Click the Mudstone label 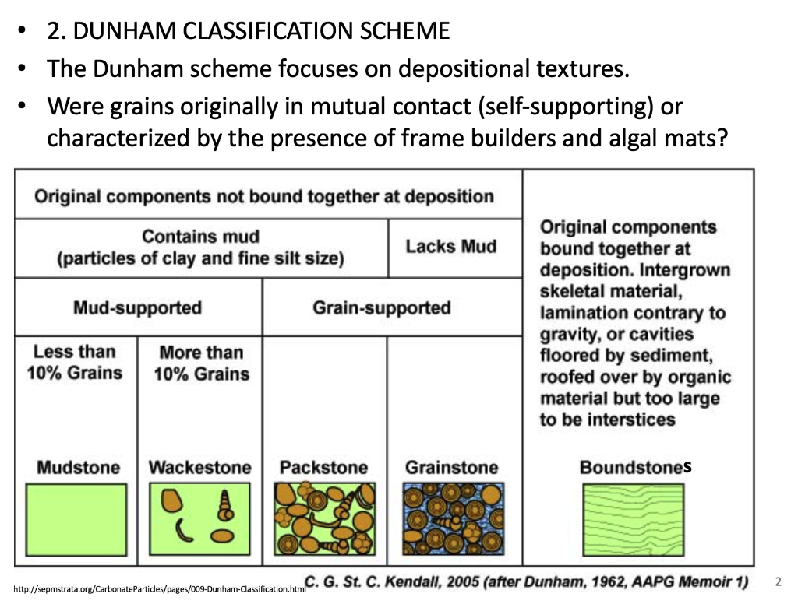pyautogui.click(x=78, y=468)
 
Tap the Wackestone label pyautogui.click(x=200, y=468)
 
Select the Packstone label pyautogui.click(x=323, y=468)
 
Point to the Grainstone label pyautogui.click(x=451, y=468)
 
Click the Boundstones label pyautogui.click(x=635, y=467)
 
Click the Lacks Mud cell pyautogui.click(x=450, y=247)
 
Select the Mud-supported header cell pyautogui.click(x=137, y=307)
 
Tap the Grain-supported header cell pyautogui.click(x=381, y=307)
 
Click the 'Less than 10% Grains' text pyautogui.click(x=75, y=362)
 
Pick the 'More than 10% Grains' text pyautogui.click(x=201, y=363)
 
